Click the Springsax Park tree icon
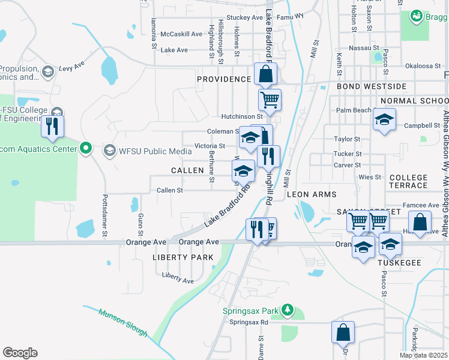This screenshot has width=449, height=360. tap(288, 310)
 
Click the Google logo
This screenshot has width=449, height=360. tap(20, 353)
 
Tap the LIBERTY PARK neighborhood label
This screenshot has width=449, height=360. tap(183, 257)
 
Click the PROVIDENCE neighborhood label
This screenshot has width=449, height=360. tap(224, 79)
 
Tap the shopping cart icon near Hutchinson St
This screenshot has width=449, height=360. tap(270, 99)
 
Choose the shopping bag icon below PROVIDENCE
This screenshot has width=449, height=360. tap(265, 74)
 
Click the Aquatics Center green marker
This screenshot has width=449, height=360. tap(86, 148)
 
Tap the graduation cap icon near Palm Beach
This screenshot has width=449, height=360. tap(384, 119)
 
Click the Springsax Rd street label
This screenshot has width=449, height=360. tap(249, 322)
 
